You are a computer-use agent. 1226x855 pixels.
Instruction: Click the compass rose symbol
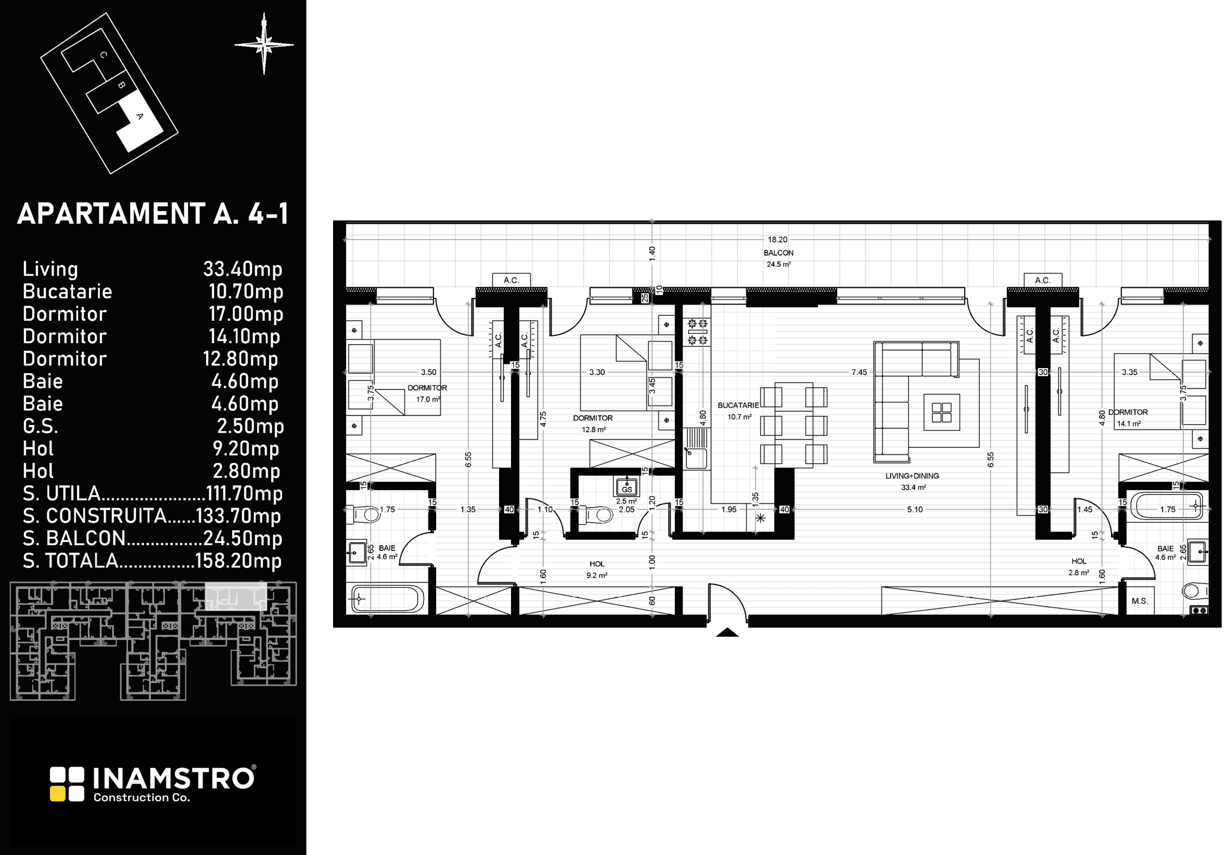tap(264, 44)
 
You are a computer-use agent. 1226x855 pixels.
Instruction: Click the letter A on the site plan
tap(139, 116)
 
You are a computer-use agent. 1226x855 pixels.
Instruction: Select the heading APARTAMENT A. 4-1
tap(153, 213)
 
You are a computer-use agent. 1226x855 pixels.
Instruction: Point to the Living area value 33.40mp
tap(242, 269)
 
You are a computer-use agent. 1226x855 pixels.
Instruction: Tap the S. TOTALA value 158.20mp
tap(238, 560)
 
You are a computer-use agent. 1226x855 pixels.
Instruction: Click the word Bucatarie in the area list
tap(67, 292)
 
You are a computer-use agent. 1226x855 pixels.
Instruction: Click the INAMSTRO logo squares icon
tap(67, 784)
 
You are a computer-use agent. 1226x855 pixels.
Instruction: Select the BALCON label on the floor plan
tap(778, 253)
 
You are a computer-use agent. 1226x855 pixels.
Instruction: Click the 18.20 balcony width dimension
tap(777, 239)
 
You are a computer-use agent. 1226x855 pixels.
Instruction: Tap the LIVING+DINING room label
tap(912, 476)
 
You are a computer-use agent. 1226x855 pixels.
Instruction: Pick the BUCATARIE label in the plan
tap(738, 406)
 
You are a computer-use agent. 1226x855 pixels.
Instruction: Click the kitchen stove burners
tap(698, 332)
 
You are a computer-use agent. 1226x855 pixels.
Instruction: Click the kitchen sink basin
tap(695, 458)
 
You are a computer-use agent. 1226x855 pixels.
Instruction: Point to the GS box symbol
tap(627, 487)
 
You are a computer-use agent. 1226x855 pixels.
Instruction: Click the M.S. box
tap(1140, 601)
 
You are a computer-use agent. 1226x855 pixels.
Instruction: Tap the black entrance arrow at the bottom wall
tap(727, 632)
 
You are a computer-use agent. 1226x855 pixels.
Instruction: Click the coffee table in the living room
tap(942, 413)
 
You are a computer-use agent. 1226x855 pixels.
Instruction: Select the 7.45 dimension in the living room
tap(859, 372)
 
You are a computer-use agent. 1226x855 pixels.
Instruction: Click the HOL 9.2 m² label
tap(597, 569)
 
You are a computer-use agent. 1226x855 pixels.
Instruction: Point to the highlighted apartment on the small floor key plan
tap(235, 596)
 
